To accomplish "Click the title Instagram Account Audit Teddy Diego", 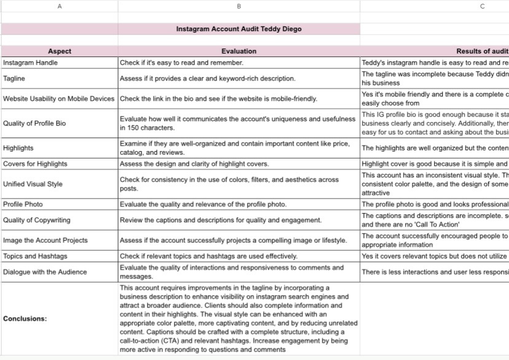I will click(x=239, y=29).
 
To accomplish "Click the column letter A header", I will click(x=60, y=6).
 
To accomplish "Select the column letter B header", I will click(x=239, y=6).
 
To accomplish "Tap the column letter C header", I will click(x=482, y=6).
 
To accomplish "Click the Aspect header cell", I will click(x=60, y=52).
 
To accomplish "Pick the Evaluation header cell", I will click(x=239, y=52).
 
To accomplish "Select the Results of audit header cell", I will click(x=482, y=52).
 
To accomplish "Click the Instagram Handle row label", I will click(x=30, y=63).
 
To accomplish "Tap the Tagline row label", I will click(x=14, y=79).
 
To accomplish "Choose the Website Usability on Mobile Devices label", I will click(x=58, y=99).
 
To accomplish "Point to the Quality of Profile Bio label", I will click(x=34, y=123).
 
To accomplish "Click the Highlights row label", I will click(x=18, y=148).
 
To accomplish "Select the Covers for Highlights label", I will click(x=35, y=164).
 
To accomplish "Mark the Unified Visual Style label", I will click(x=33, y=184).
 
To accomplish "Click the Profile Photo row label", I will click(x=23, y=204).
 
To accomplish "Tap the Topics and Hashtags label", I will click(x=35, y=256).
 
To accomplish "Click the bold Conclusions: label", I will click(x=25, y=319).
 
